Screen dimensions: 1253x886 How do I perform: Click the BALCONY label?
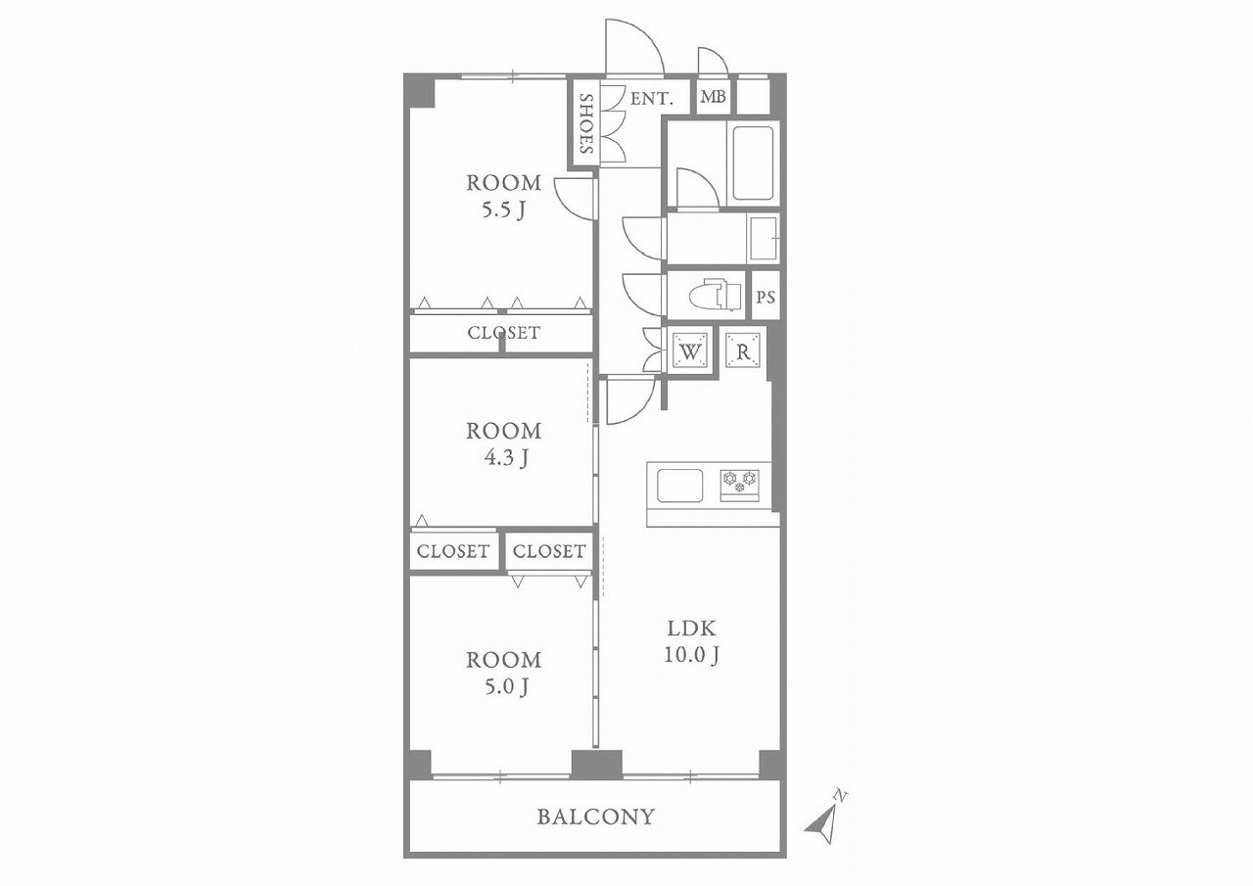pyautogui.click(x=595, y=817)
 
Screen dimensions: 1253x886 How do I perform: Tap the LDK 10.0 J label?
pyautogui.click(x=691, y=641)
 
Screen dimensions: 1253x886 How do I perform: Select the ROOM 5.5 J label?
pyautogui.click(x=504, y=197)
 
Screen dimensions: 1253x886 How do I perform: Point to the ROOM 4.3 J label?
pyautogui.click(x=504, y=444)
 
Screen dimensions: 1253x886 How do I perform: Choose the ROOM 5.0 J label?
pyautogui.click(x=504, y=674)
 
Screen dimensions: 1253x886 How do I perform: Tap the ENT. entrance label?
pyautogui.click(x=651, y=99)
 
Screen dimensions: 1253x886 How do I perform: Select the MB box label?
pyautogui.click(x=714, y=97)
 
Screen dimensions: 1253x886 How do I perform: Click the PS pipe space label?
pyautogui.click(x=766, y=297)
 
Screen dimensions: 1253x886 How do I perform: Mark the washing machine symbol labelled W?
pyautogui.click(x=691, y=351)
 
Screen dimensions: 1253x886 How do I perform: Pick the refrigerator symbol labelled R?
pyautogui.click(x=743, y=350)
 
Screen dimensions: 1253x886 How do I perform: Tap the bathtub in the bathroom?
pyautogui.click(x=753, y=163)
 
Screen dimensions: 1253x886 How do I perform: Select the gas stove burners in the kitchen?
pyautogui.click(x=739, y=485)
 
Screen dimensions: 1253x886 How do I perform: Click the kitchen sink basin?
pyautogui.click(x=680, y=486)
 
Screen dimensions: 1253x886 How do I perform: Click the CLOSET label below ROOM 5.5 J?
pyautogui.click(x=504, y=333)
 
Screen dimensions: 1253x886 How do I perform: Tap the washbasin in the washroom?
pyautogui.click(x=764, y=239)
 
